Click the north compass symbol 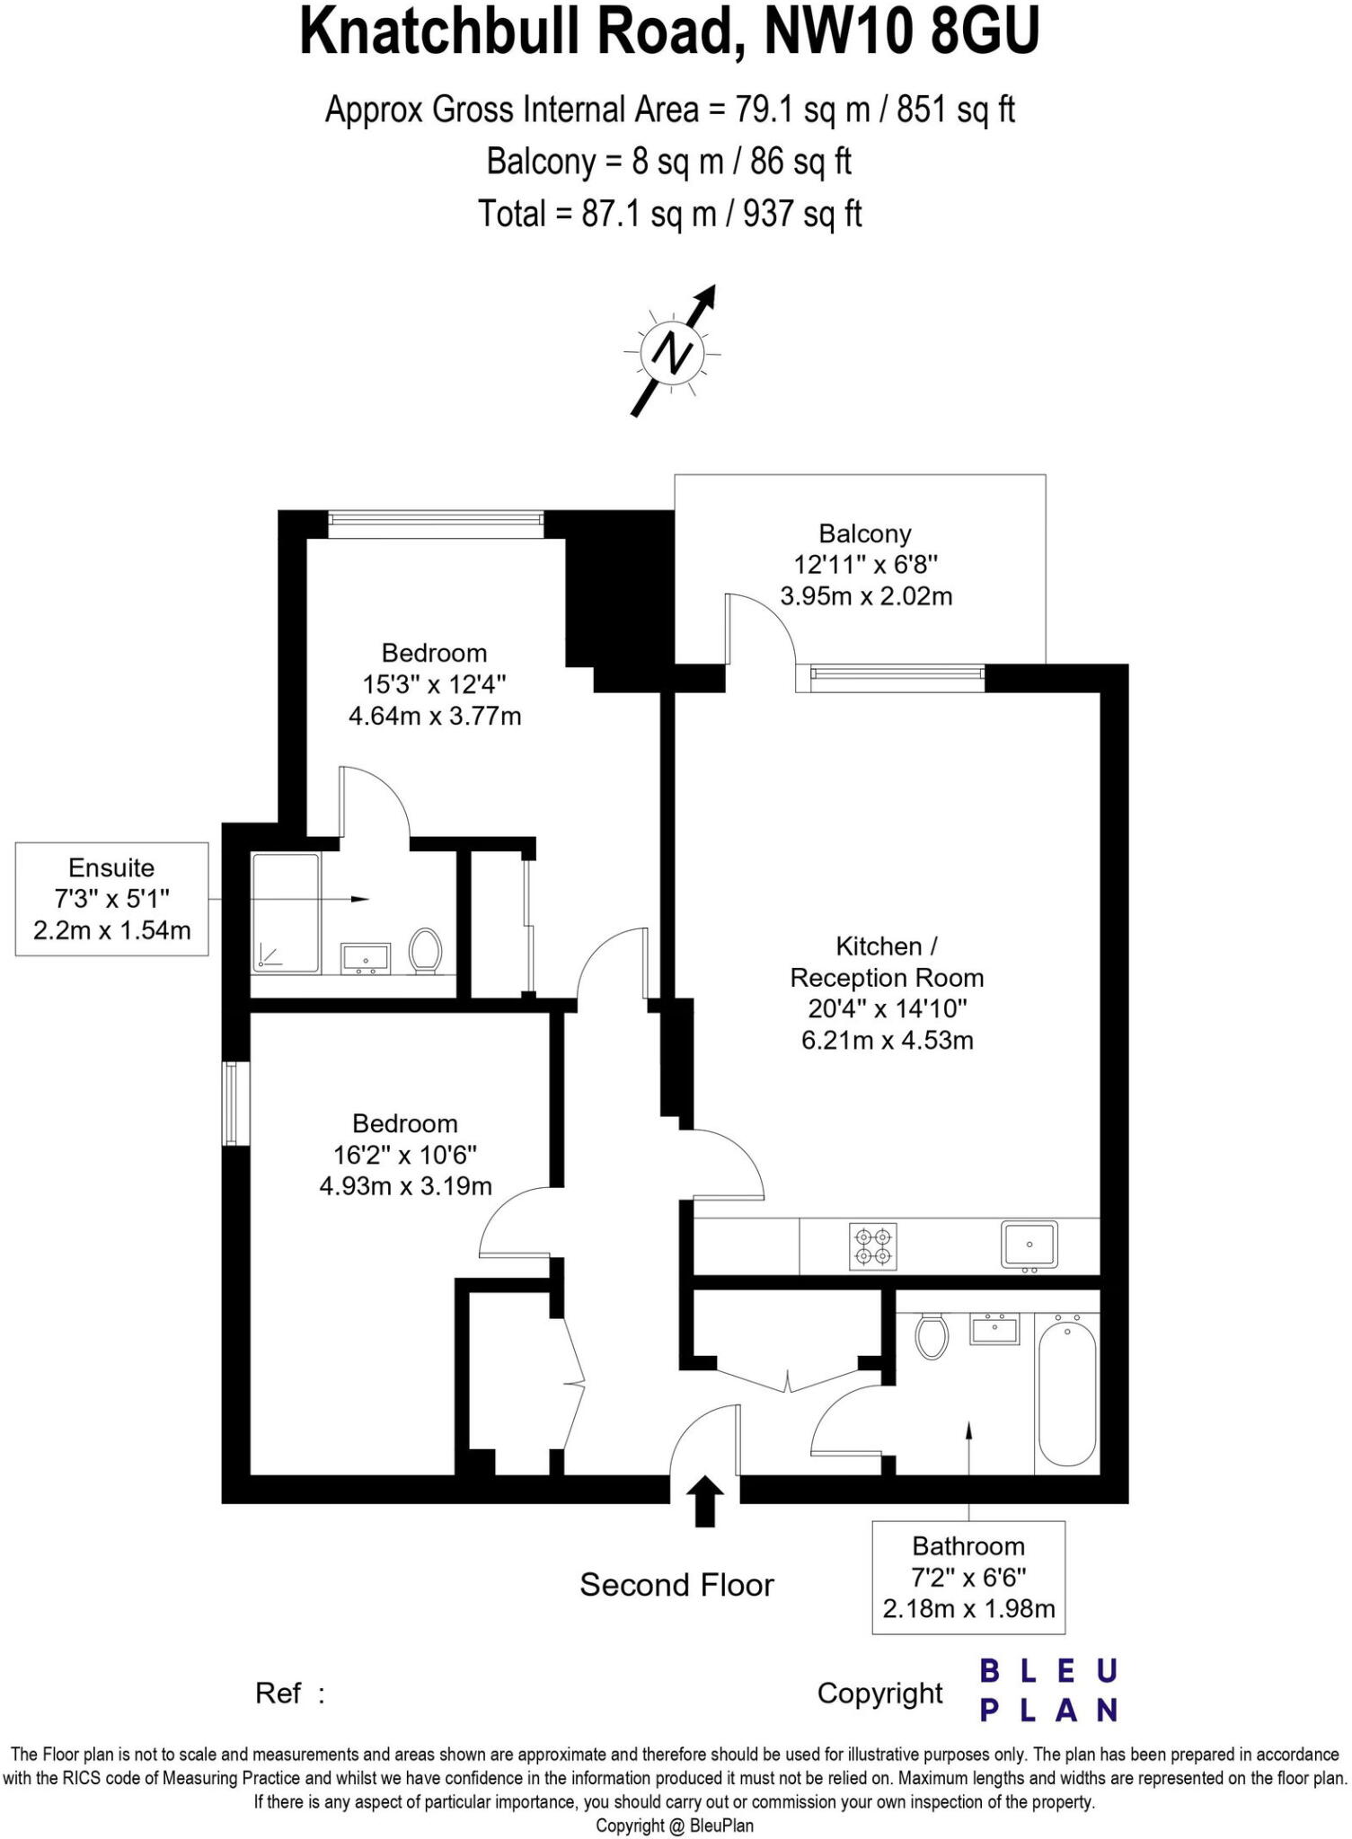[673, 351]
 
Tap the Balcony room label [865, 534]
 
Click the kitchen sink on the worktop [1029, 1245]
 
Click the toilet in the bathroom [932, 1336]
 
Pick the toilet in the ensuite [425, 950]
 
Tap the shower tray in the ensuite [286, 912]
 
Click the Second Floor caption [676, 1585]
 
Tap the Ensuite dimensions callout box [112, 899]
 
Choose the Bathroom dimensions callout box [968, 1577]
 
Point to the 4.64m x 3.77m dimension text [435, 717]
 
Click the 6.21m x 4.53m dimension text [887, 1041]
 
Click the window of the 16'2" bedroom [235, 1104]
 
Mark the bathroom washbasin [994, 1329]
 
